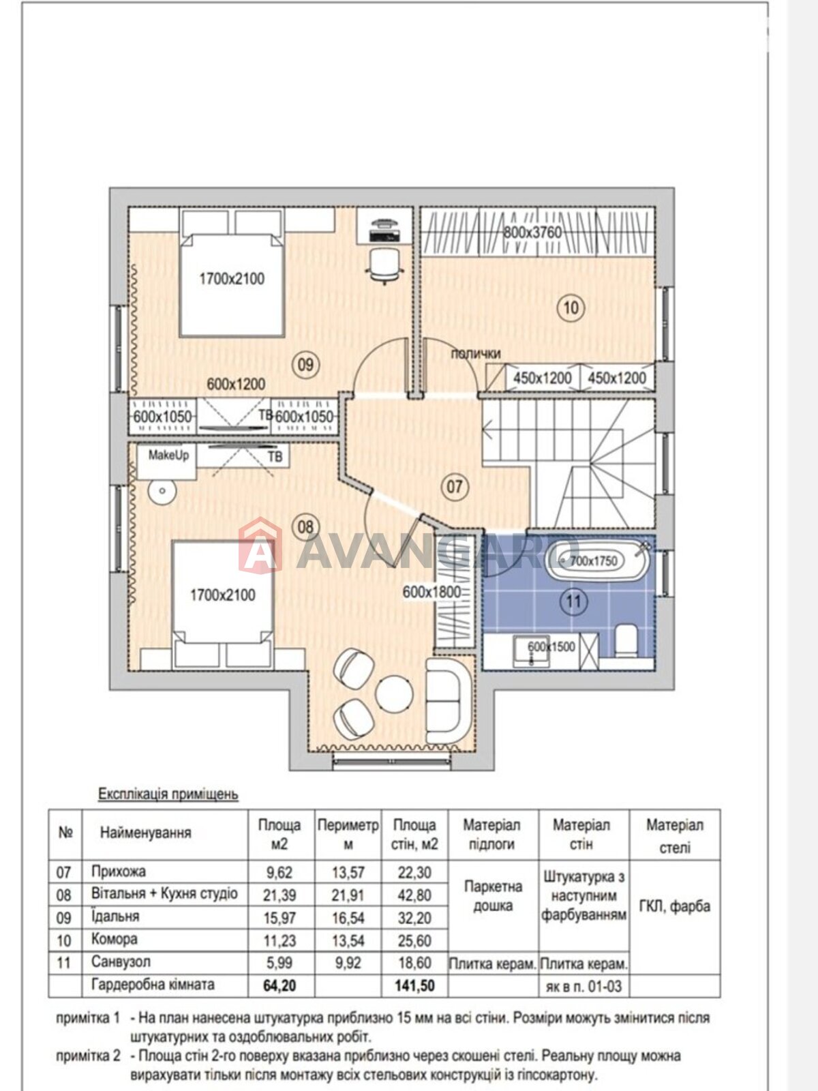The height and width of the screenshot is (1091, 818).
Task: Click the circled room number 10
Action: (571, 308)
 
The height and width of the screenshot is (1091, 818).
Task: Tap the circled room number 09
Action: (305, 365)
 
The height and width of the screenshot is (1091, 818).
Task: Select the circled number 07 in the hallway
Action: (455, 485)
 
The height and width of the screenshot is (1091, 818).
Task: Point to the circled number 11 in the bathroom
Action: (574, 601)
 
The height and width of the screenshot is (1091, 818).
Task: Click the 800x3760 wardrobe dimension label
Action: (532, 232)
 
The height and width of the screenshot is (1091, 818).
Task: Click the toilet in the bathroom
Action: (626, 641)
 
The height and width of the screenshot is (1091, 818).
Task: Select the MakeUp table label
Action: (168, 455)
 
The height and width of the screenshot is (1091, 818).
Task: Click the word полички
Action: (475, 354)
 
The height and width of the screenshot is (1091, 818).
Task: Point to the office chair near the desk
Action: (382, 265)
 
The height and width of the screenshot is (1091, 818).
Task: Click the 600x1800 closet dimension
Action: (431, 592)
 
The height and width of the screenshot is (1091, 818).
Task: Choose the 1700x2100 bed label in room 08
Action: (223, 595)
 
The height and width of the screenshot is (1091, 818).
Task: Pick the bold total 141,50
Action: (414, 985)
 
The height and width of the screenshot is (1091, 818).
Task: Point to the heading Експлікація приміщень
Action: (168, 794)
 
